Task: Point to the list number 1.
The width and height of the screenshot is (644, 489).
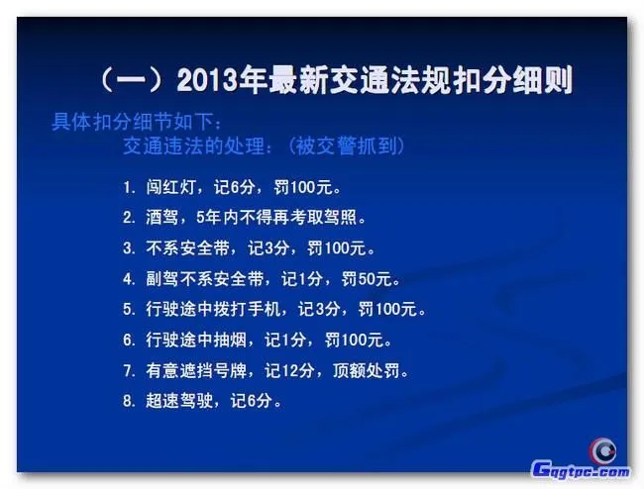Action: click(x=128, y=186)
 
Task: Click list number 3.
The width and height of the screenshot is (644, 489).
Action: click(x=128, y=247)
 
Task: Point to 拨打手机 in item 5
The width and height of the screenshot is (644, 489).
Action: click(x=263, y=309)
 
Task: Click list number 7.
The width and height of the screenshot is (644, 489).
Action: click(x=128, y=371)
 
